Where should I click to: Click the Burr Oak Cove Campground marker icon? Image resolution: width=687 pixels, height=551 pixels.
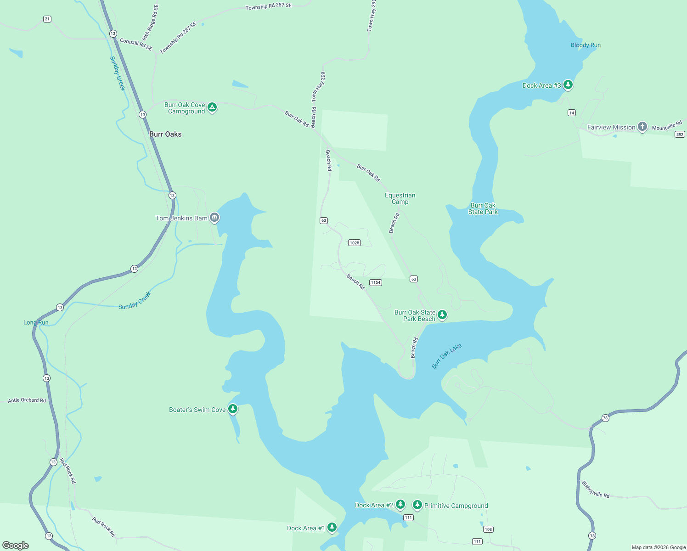[212, 107]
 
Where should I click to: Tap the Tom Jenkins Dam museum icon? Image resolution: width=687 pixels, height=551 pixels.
[214, 218]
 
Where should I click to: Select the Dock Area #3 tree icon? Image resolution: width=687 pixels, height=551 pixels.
[568, 84]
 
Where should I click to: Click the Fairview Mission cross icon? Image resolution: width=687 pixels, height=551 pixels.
[642, 126]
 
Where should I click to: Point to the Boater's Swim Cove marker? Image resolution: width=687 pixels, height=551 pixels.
[233, 409]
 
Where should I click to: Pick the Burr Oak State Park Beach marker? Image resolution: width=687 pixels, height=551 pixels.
[442, 315]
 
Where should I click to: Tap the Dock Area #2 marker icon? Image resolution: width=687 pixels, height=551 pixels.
[400, 505]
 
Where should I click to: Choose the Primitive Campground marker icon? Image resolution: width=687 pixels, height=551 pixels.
[417, 505]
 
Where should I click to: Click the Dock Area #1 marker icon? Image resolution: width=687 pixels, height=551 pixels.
[332, 527]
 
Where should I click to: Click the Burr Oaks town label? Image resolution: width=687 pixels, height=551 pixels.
[165, 134]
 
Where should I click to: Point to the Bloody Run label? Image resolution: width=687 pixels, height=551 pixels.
[586, 45]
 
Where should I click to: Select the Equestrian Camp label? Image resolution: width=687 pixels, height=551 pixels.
[400, 198]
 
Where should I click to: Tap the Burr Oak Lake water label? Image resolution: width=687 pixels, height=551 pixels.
[446, 356]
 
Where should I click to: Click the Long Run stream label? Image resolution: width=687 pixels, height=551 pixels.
[36, 322]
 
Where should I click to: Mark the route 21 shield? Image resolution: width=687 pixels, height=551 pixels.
[47, 19]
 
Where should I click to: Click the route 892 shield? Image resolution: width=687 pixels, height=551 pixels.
[680, 135]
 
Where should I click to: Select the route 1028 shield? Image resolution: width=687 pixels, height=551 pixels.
[354, 243]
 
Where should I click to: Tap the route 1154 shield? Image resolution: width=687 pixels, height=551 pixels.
[376, 282]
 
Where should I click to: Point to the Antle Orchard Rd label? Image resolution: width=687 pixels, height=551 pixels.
[27, 400]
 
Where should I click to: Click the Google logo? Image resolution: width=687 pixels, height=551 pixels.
[16, 545]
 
